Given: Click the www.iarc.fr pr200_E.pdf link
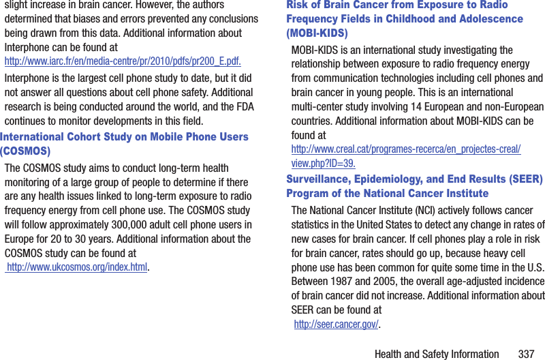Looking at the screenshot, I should (123, 61).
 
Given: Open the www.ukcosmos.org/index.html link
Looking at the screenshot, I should (77, 267).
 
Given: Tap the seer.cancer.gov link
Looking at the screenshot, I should (336, 324).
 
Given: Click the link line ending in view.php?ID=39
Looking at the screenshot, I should (323, 163).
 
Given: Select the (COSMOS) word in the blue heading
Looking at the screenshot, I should (25, 151).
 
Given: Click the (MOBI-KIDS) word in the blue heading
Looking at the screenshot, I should (317, 33).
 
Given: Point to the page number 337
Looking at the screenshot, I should (526, 354).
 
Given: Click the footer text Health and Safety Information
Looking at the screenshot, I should (437, 354).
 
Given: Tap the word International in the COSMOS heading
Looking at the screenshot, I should (34, 136).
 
